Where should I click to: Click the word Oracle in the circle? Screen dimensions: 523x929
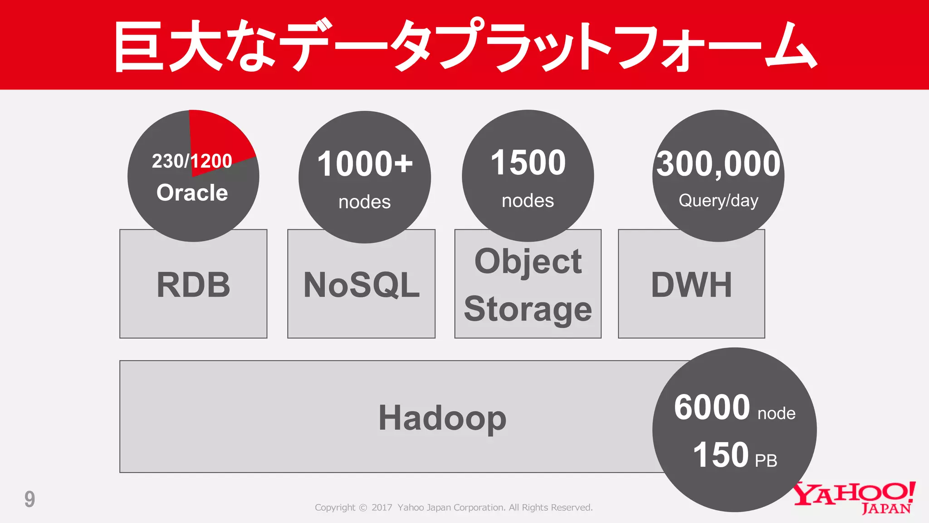click(x=192, y=192)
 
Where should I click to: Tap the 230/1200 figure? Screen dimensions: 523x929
click(x=192, y=161)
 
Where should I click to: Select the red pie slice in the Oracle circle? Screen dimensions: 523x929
click(x=218, y=134)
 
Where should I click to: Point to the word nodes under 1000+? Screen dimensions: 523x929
click(x=365, y=202)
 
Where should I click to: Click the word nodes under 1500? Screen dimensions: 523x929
click(x=528, y=201)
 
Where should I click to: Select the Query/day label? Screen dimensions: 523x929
click(x=719, y=201)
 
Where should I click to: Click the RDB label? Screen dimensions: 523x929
click(x=193, y=285)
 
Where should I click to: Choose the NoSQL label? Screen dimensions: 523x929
click(x=362, y=285)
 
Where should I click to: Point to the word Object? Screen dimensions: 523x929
click(x=528, y=261)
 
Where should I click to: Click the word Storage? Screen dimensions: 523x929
click(x=528, y=309)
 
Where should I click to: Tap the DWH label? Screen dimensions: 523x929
click(x=691, y=285)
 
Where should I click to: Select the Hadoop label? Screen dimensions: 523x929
click(x=442, y=418)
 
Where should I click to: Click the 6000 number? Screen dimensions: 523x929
click(x=712, y=407)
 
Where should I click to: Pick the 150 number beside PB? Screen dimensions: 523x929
click(x=721, y=455)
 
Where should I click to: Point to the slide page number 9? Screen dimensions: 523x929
click(x=29, y=499)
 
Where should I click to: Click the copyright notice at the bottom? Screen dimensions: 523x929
click(x=454, y=508)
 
